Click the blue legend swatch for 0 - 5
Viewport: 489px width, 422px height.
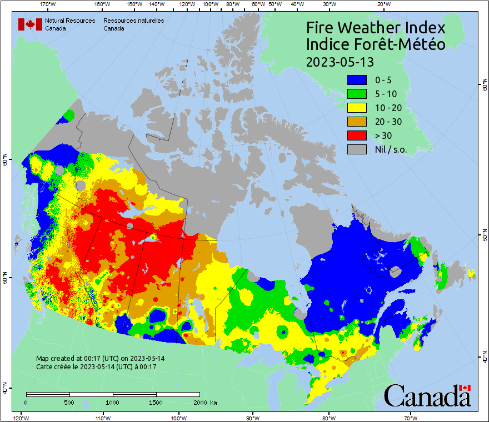[357, 80]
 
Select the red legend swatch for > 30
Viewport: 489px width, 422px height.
[357, 135]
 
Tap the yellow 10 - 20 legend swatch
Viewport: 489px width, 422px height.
[357, 108]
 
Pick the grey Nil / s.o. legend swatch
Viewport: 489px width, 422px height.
[357, 149]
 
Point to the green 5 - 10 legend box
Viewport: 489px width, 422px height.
[357, 94]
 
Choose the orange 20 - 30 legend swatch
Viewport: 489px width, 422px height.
[357, 122]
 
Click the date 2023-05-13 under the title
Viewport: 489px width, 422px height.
[340, 61]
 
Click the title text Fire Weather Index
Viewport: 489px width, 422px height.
[376, 28]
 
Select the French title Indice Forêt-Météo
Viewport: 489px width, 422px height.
[376, 44]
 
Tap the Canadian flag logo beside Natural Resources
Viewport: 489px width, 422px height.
[30, 24]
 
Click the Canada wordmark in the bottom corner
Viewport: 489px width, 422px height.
[427, 395]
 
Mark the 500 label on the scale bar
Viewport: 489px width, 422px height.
[69, 402]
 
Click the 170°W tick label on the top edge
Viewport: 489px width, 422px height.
[48, 4]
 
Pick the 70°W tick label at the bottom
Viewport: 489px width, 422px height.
[411, 418]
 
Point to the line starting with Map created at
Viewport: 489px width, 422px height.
[100, 359]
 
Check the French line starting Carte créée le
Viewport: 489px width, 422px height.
[96, 367]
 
